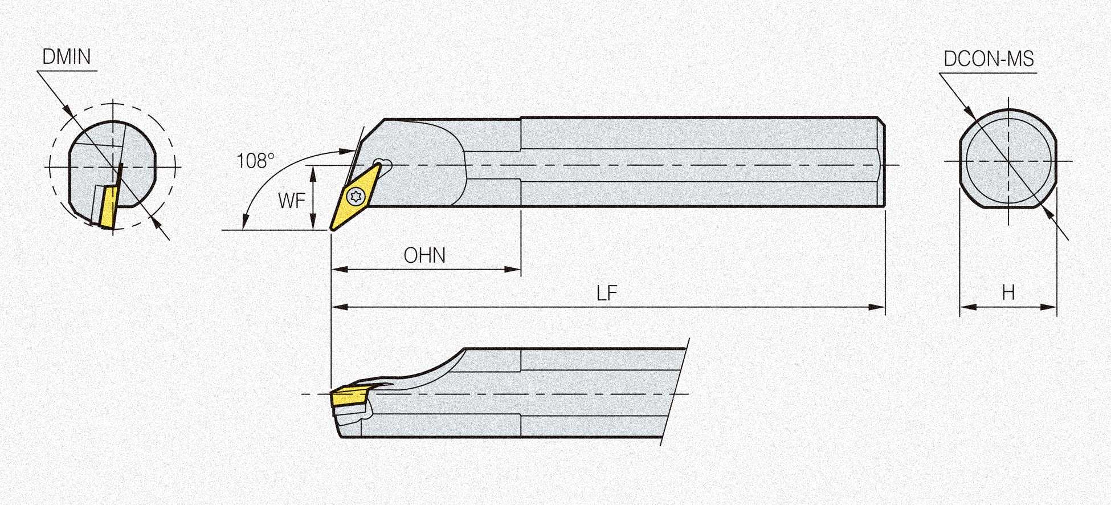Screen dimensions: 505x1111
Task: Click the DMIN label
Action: [x=67, y=57]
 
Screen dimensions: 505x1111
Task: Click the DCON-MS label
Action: [x=989, y=59]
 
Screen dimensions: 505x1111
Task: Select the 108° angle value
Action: [x=255, y=161]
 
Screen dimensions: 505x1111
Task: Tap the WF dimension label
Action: [x=292, y=201]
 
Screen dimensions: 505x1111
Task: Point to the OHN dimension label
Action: [x=424, y=255]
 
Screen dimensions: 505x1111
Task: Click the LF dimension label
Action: [x=607, y=294]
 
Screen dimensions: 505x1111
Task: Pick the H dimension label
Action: [x=1008, y=293]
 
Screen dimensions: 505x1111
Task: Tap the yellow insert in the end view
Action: [x=108, y=207]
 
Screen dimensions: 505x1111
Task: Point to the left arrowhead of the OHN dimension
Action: [x=340, y=269]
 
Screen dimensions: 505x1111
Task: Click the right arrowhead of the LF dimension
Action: [x=877, y=307]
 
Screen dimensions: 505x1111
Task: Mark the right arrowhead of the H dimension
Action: [x=1049, y=307]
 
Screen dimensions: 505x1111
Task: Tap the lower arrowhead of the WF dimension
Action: [x=313, y=223]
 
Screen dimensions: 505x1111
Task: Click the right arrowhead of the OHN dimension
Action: [x=513, y=269]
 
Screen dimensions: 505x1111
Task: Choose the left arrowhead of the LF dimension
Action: [x=340, y=307]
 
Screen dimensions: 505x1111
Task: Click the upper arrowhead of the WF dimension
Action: [x=313, y=173]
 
